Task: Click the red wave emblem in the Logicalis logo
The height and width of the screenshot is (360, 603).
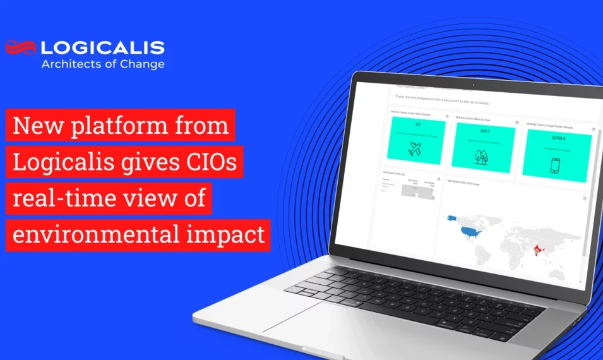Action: coord(20,47)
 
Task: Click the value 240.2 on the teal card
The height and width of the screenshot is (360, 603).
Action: coord(485,131)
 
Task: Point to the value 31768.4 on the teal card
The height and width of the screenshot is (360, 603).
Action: coord(558,137)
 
